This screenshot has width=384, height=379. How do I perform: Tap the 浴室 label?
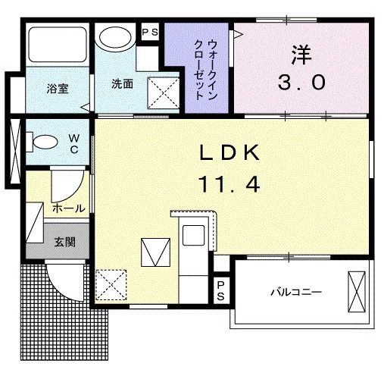point(58,88)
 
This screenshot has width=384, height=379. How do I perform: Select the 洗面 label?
point(123,84)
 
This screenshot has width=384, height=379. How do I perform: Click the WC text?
point(74,143)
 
